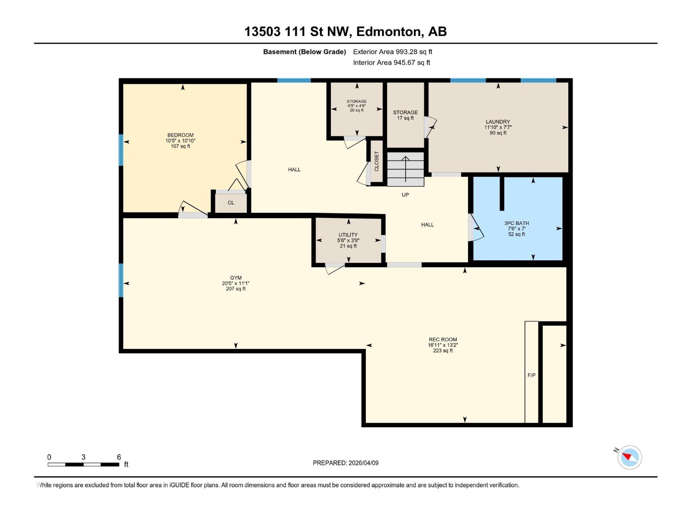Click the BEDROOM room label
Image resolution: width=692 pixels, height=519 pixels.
(180, 135)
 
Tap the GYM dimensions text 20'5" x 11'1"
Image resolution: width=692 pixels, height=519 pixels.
(236, 283)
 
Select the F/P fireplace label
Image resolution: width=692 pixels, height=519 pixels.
(532, 375)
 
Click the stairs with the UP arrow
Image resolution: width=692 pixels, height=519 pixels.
(405, 169)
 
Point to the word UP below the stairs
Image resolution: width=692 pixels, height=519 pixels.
(405, 195)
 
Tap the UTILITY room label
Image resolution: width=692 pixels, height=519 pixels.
(348, 235)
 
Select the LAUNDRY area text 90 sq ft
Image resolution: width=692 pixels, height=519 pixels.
(498, 133)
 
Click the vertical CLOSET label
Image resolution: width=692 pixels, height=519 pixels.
(376, 161)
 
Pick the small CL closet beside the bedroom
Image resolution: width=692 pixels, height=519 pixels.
(231, 202)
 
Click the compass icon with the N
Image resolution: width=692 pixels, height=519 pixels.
(629, 457)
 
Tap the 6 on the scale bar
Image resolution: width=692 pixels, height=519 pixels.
(119, 457)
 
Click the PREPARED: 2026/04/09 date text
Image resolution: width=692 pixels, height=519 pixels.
(346, 463)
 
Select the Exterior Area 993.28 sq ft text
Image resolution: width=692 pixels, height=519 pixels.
(392, 51)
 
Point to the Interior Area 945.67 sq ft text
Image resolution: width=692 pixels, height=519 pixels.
(391, 62)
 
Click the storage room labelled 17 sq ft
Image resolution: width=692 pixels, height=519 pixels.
(405, 115)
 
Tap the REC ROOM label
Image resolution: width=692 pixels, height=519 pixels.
(443, 340)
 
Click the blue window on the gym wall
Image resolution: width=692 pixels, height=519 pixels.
(121, 280)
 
